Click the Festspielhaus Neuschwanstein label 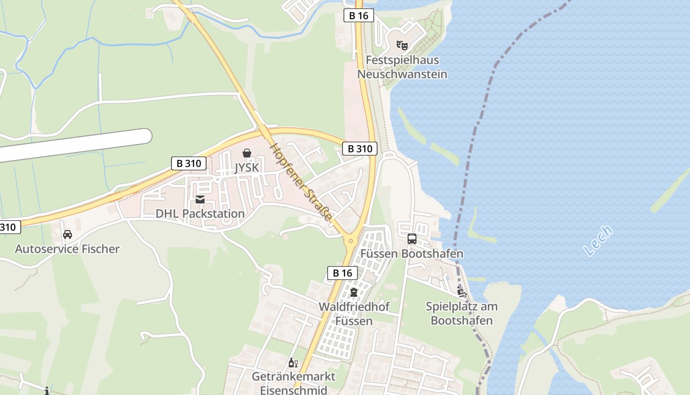pos(402,67)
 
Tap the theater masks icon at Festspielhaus pos(402,45)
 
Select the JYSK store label pos(246,168)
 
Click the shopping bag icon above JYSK pos(247,154)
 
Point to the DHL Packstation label pos(200,214)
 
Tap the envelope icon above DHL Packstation pos(200,199)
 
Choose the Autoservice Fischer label pos(67,249)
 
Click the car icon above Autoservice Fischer pos(68,234)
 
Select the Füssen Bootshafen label pos(412,254)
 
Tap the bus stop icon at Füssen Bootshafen pos(412,239)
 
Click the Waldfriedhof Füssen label pos(354,314)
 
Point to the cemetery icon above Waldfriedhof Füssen pos(354,292)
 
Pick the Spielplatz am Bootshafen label pos(462,314)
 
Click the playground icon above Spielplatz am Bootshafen pos(462,292)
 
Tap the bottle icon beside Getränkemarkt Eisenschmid pos(293,363)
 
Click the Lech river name pos(598,240)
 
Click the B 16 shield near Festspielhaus pos(359,16)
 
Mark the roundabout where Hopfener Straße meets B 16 pos(351,241)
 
